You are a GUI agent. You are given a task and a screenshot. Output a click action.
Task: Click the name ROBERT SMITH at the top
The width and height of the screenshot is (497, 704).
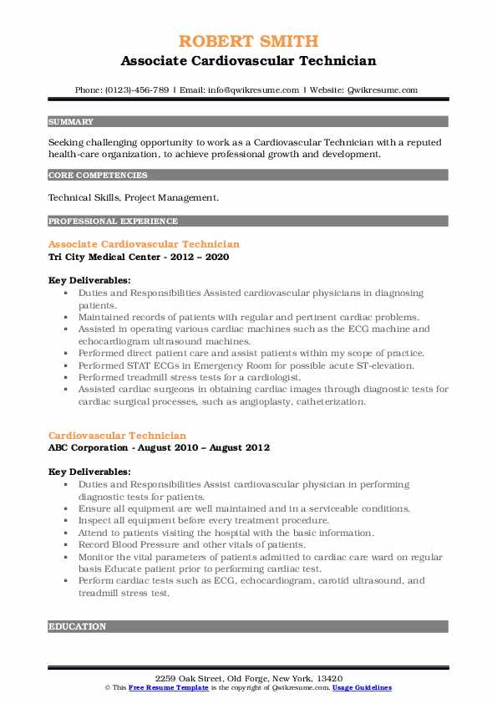coord(248,41)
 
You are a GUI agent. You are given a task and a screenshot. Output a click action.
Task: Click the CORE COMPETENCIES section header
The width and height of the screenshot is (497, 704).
coord(99,176)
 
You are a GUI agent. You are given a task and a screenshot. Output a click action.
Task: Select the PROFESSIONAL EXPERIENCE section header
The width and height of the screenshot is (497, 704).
coord(113,222)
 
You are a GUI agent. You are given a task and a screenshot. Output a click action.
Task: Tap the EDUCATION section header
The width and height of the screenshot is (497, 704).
coord(78,626)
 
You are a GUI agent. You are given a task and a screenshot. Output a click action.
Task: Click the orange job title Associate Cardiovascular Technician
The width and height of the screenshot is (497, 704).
coord(144,244)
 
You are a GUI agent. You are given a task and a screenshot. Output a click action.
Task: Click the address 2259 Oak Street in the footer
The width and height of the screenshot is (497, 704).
coord(248,678)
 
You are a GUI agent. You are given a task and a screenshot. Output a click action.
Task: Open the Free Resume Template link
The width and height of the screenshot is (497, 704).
coord(164,687)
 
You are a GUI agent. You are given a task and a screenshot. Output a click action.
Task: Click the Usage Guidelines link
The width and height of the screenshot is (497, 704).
coord(362,687)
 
